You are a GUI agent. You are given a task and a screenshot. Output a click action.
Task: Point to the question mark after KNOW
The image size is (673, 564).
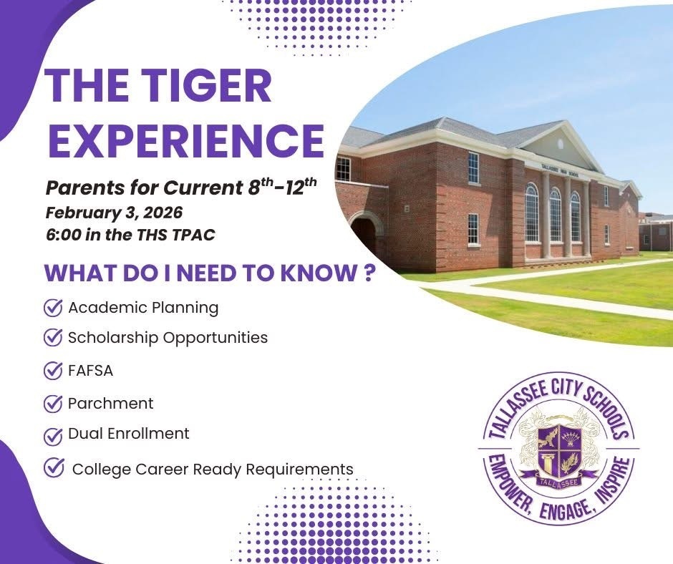pos(369,275)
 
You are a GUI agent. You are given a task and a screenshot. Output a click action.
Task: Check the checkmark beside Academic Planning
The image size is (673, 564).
pos(53,308)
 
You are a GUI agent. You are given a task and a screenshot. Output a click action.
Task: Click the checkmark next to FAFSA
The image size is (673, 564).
pos(53,371)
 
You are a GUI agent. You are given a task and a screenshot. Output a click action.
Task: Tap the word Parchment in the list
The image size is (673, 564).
pos(110,403)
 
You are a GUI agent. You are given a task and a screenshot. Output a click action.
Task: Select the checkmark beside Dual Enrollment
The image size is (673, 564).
pos(53,435)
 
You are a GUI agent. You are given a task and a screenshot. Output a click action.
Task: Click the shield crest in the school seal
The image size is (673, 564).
pos(558,445)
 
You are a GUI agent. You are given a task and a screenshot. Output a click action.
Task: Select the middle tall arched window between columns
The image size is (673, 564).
pos(555,215)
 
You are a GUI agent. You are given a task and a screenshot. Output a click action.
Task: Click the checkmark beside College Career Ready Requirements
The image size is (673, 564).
pos(53,467)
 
